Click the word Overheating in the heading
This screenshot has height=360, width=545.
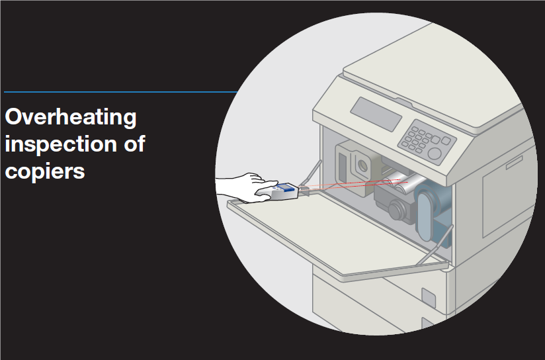point(71,118)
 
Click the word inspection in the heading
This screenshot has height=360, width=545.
point(60,144)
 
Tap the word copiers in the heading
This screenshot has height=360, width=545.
point(45,171)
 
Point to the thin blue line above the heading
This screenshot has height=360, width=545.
point(121,92)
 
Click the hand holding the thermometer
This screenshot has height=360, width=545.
point(247,187)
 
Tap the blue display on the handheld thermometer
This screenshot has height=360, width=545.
point(286,187)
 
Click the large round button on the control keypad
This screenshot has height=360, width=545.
point(434,154)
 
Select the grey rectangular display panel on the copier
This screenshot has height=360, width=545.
point(376,114)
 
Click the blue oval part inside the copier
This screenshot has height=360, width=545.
point(425,217)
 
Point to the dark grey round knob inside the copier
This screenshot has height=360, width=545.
point(396,210)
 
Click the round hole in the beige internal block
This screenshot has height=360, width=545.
point(362,165)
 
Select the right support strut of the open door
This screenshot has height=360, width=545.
point(435,244)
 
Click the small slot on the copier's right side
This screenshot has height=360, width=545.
point(514,162)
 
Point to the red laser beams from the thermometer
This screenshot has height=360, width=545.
point(353,185)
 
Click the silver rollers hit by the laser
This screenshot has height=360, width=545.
point(403,183)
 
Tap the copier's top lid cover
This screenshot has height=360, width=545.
point(433,74)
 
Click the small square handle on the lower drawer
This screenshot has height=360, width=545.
point(428,298)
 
